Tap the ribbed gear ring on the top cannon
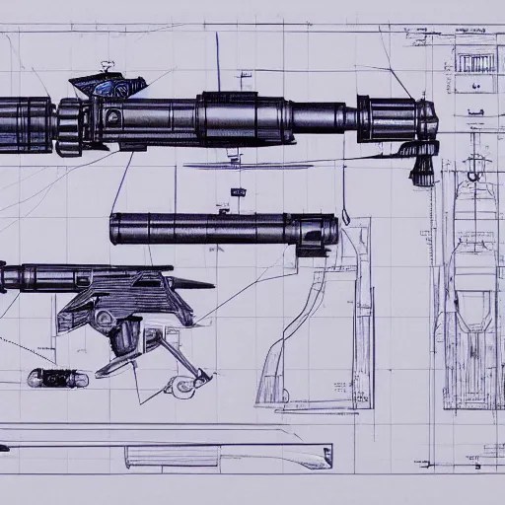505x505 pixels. pos(70,126)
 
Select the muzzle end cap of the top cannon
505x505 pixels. pos(427,119)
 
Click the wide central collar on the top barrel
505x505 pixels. pos(229,118)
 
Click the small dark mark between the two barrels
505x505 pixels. pos(238,192)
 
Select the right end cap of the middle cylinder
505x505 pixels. pos(325,231)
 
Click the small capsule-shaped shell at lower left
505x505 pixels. pos(57,378)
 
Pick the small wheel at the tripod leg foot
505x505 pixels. pos(180,386)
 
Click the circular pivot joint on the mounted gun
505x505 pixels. pos(103,319)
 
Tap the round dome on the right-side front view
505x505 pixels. pos(474,176)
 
